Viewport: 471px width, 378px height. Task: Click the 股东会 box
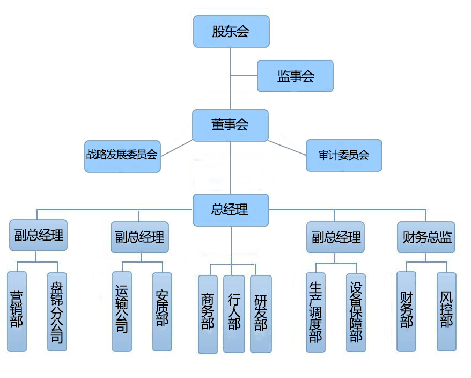click(231, 31)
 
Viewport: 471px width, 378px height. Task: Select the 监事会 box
click(295, 76)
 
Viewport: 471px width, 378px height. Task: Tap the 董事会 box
click(230, 125)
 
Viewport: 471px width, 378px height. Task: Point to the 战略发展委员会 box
click(122, 156)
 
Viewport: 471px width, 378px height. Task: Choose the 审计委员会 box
click(344, 155)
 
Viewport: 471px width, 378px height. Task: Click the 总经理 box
click(231, 210)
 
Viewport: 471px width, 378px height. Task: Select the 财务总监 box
click(426, 237)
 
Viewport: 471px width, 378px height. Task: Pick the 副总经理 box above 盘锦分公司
click(39, 235)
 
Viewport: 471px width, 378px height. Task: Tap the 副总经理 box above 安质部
click(139, 237)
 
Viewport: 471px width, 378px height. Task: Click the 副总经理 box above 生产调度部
click(335, 237)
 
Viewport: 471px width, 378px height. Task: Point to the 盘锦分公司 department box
click(57, 311)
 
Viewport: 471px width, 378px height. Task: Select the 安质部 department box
click(162, 311)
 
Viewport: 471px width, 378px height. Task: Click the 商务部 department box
click(208, 314)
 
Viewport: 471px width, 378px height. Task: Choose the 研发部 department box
click(261, 314)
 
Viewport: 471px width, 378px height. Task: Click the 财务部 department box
click(406, 311)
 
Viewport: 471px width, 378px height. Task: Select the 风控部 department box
click(446, 311)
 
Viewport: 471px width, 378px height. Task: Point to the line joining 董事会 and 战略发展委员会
click(176, 148)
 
